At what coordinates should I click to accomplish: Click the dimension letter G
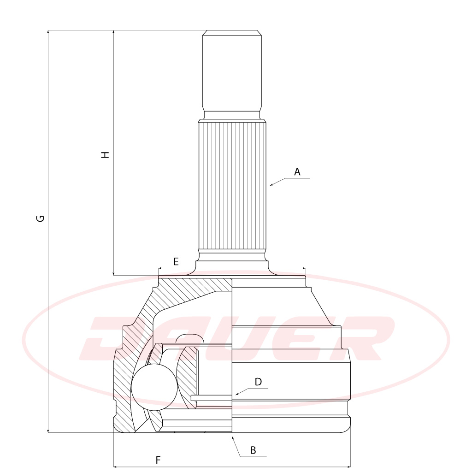click(41, 218)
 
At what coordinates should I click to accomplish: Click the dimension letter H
click(105, 155)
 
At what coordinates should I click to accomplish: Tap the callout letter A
click(297, 172)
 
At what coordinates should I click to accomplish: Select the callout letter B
click(253, 450)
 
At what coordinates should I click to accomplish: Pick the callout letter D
click(258, 382)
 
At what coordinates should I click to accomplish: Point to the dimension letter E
click(176, 262)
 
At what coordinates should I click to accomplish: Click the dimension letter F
click(158, 460)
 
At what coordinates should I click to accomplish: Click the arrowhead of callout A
click(271, 185)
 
